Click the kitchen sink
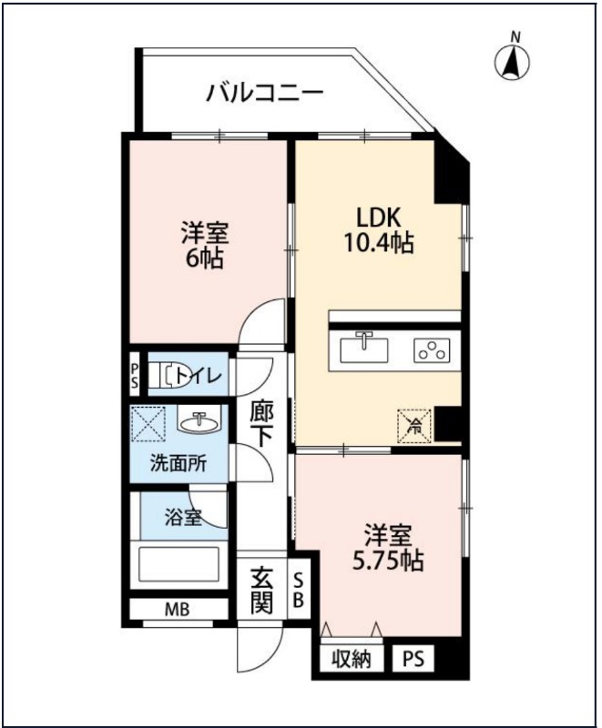[365, 349]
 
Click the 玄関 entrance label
[262, 589]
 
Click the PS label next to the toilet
[135, 374]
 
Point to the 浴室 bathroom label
[182, 518]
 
